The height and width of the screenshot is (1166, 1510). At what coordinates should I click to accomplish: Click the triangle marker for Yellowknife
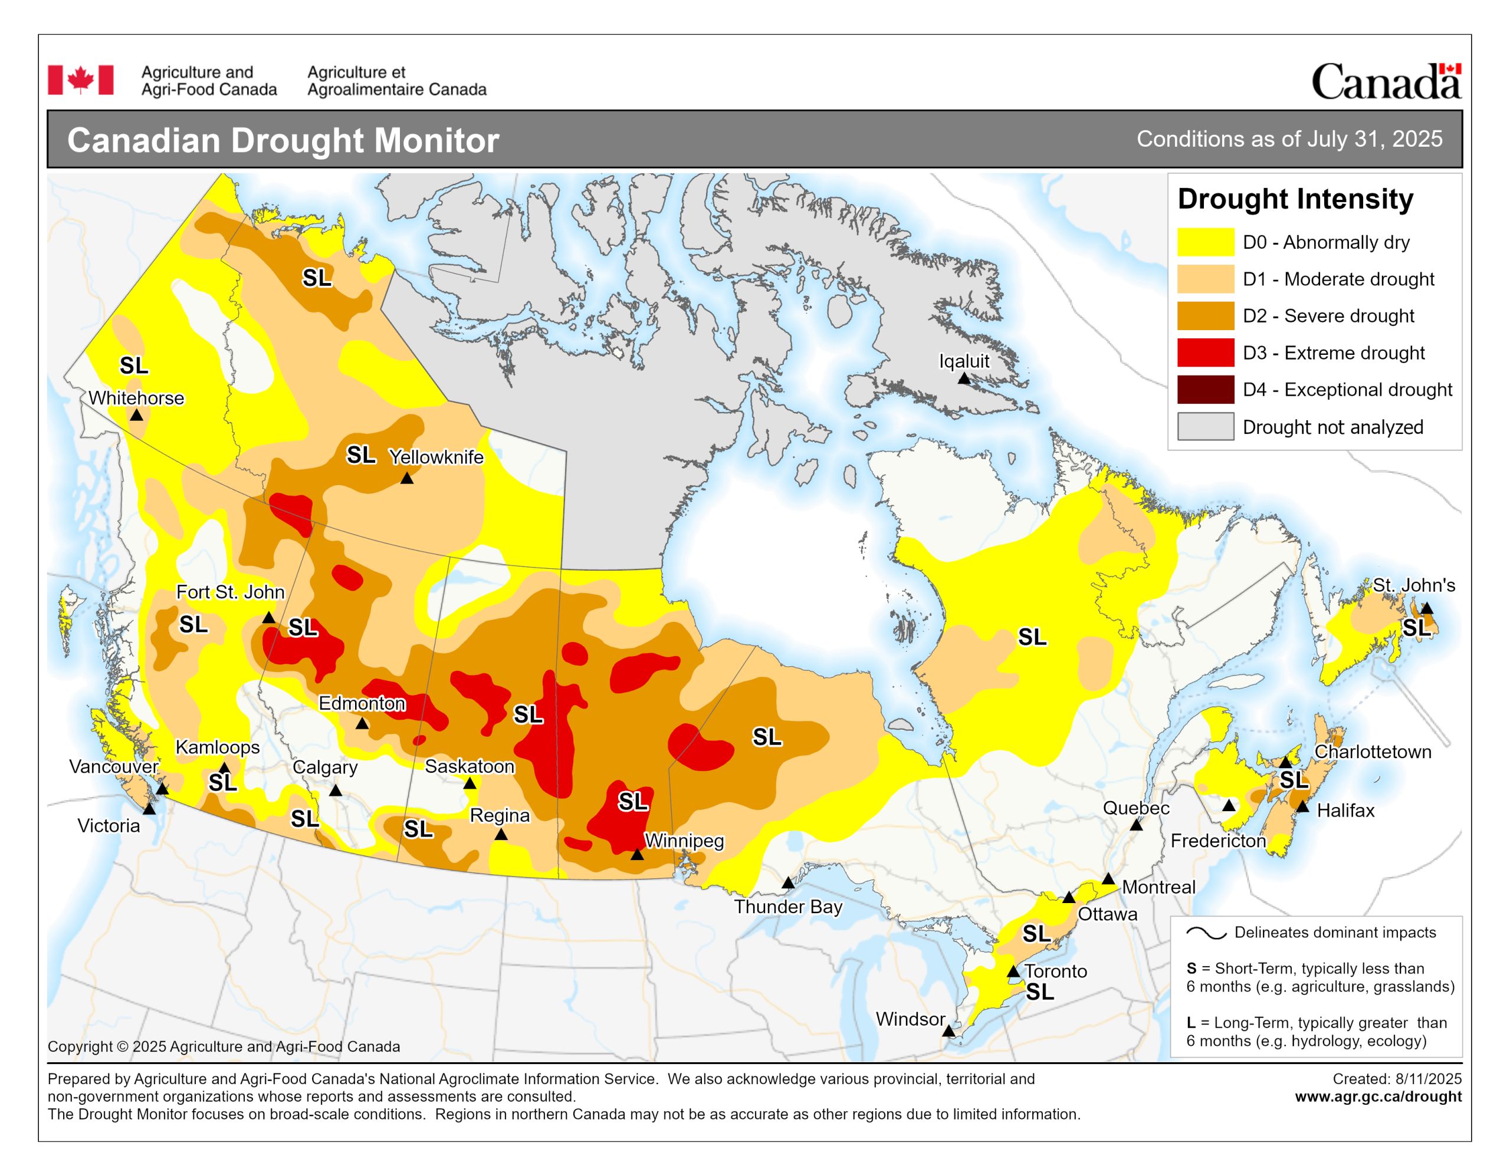(x=406, y=478)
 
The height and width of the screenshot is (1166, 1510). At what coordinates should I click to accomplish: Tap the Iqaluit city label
(x=964, y=361)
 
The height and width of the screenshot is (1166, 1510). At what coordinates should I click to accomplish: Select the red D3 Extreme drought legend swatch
(x=1205, y=353)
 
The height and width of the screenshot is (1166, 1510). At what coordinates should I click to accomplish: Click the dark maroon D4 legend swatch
(x=1205, y=390)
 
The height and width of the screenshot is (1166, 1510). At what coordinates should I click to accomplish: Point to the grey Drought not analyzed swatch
(x=1205, y=426)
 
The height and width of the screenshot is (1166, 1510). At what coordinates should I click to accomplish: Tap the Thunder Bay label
(x=787, y=907)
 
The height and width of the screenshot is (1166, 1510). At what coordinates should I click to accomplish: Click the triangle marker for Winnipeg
(x=637, y=855)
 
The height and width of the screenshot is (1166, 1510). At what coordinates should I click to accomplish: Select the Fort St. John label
(x=230, y=592)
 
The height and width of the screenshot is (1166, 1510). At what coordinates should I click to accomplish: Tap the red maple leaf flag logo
(x=80, y=80)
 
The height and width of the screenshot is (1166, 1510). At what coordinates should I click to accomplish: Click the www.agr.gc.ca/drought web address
(x=1378, y=1096)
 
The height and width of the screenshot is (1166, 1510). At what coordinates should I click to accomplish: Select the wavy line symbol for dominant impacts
(x=1206, y=933)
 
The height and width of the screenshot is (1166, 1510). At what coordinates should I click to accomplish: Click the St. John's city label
(x=1413, y=585)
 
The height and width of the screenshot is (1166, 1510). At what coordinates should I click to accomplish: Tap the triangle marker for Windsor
(x=948, y=1031)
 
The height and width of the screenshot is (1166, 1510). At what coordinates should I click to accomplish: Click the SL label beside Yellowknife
(x=361, y=455)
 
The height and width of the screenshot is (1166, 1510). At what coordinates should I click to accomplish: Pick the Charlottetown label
(x=1373, y=752)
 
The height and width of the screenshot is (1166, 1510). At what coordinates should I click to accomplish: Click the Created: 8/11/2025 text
(x=1397, y=1079)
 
